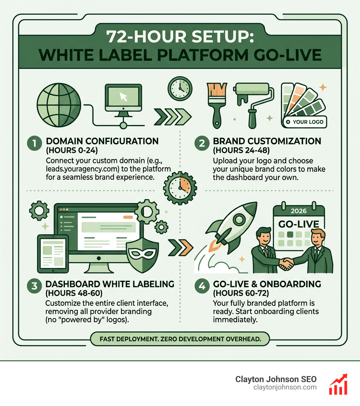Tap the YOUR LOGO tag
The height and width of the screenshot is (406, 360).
[x=304, y=122]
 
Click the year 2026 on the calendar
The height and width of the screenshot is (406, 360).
[x=299, y=211]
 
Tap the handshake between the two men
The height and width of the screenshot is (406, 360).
[x=287, y=263]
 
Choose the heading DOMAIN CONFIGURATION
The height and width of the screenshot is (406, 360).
[x=102, y=141]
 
